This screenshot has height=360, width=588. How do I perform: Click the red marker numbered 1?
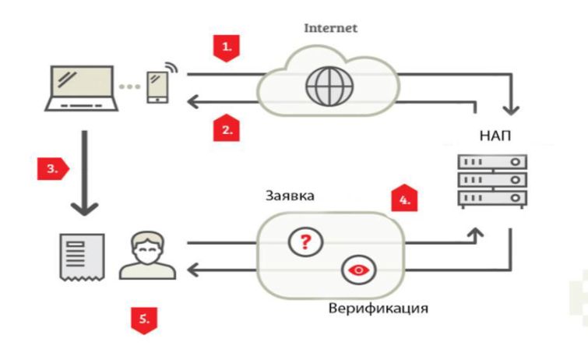pyautogui.click(x=226, y=48)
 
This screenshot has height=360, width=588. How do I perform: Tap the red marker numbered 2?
pyautogui.click(x=226, y=128)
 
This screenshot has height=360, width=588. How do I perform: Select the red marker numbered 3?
pyautogui.click(x=53, y=169)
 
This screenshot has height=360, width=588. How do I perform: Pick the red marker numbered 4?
pyautogui.click(x=404, y=198)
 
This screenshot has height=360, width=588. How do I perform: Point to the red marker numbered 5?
pyautogui.click(x=144, y=320)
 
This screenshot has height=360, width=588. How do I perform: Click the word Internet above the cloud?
pyautogui.click(x=330, y=28)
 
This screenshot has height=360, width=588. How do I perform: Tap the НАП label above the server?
pyautogui.click(x=495, y=136)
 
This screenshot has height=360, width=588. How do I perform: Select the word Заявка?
pyautogui.click(x=290, y=196)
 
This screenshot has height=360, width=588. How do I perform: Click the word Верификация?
pyautogui.click(x=379, y=309)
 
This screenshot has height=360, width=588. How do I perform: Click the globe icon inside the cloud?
pyautogui.click(x=329, y=86)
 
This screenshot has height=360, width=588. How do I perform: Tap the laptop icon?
pyautogui.click(x=81, y=89)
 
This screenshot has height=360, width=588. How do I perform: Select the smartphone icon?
pyautogui.click(x=158, y=87)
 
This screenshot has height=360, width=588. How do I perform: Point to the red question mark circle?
pyautogui.click(x=305, y=242)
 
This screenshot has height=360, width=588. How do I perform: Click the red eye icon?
pyautogui.click(x=359, y=270)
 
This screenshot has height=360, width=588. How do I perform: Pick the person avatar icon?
pyautogui.click(x=147, y=256)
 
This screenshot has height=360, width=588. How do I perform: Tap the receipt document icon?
pyautogui.click(x=82, y=257)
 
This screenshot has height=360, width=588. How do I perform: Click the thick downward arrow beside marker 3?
pyautogui.click(x=85, y=173)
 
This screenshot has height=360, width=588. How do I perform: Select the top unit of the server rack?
pyautogui.click(x=492, y=162)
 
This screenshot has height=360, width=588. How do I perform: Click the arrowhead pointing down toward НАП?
pyautogui.click(x=511, y=110)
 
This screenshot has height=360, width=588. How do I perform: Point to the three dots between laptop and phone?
pyautogui.click(x=130, y=86)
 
